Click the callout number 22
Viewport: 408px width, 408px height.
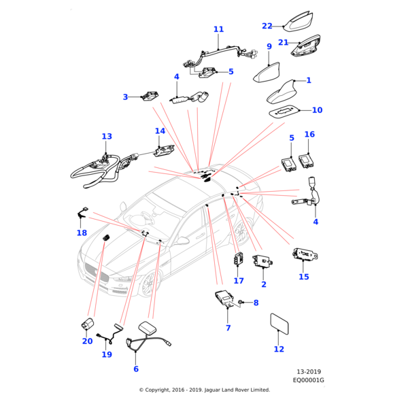tap(267, 26)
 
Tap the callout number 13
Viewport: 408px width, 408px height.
tap(107, 137)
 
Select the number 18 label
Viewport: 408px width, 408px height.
tap(82, 233)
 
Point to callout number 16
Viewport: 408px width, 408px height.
tap(309, 135)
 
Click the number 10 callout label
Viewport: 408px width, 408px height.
tap(317, 110)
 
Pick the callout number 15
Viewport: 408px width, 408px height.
tap(303, 277)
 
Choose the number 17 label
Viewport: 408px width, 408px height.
tap(239, 280)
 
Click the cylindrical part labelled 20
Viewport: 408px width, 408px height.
tap(88, 324)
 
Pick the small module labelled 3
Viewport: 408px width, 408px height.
tap(149, 97)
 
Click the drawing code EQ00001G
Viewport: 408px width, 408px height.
tap(309, 380)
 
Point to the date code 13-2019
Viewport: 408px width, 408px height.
tap(309, 372)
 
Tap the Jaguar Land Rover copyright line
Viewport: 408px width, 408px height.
tap(204, 390)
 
